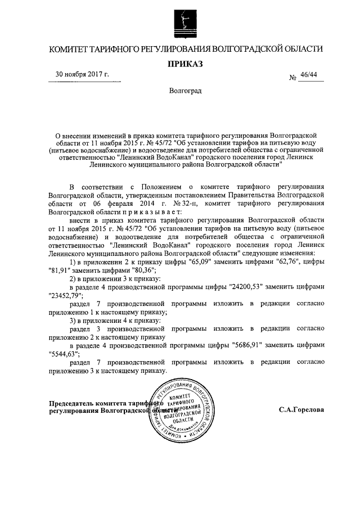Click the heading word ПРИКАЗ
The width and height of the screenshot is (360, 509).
pyautogui.click(x=186, y=64)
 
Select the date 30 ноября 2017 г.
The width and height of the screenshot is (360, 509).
pyautogui.click(x=82, y=74)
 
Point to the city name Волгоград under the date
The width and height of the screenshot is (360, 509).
pyautogui.click(x=185, y=90)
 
